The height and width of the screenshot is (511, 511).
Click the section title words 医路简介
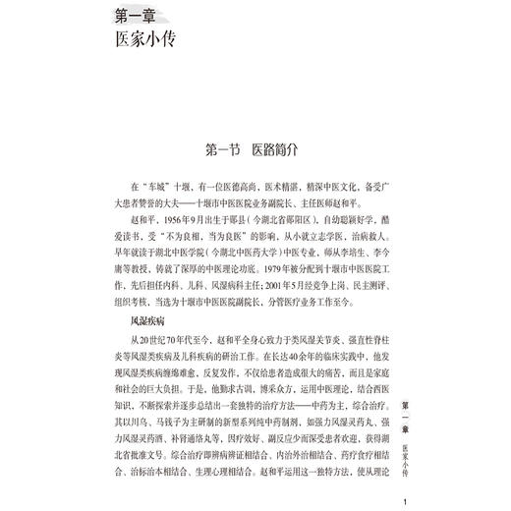coord(286,150)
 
